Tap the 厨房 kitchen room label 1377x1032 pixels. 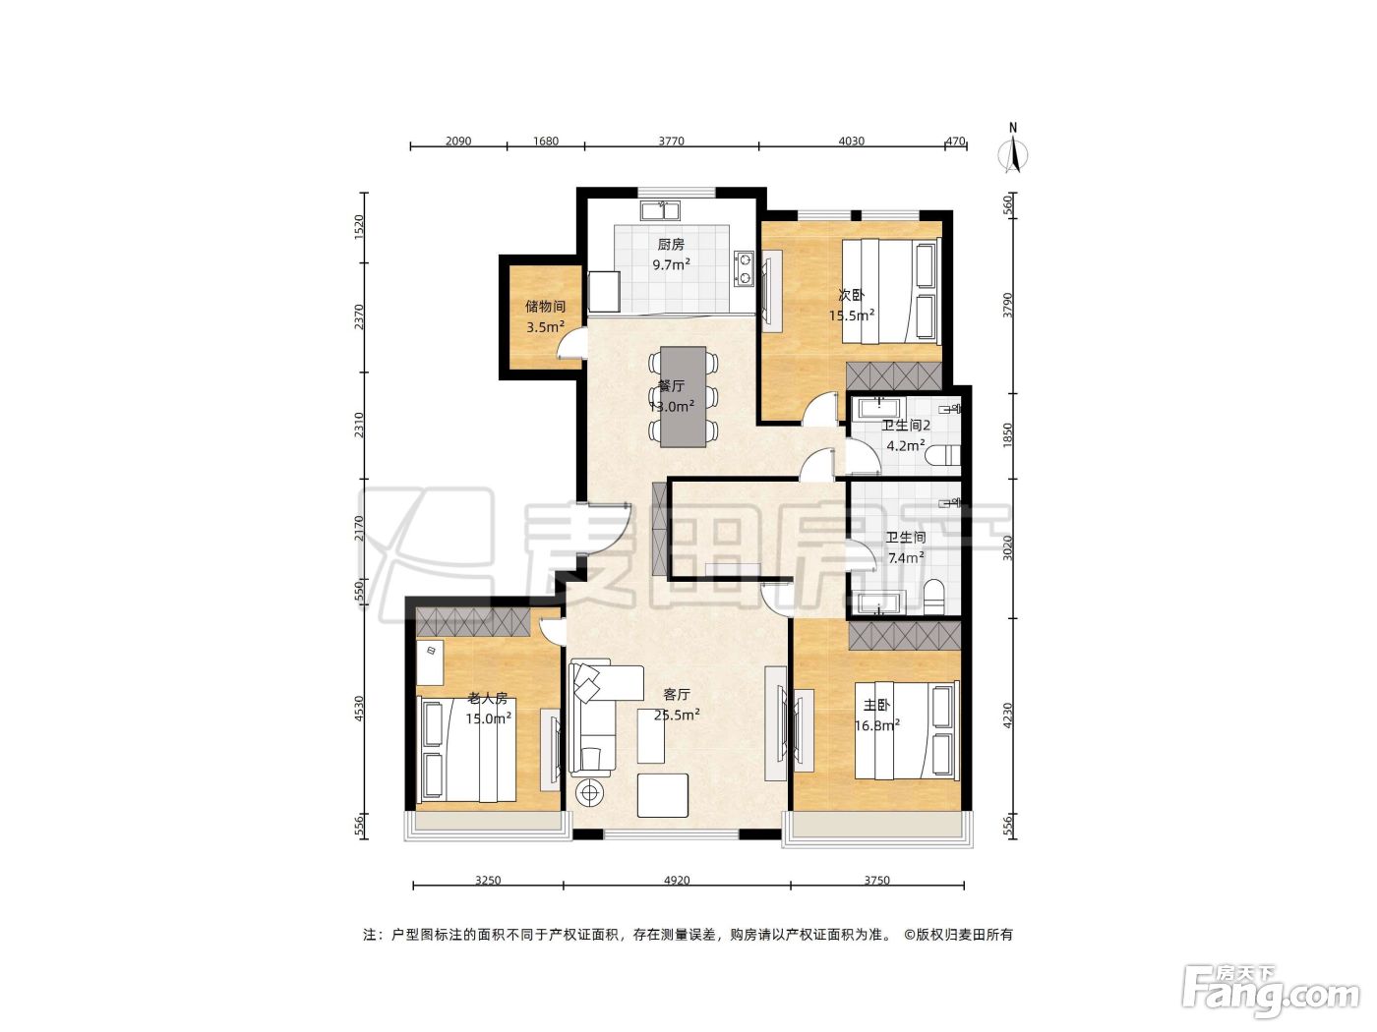pos(671,245)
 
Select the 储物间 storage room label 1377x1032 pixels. pos(545,307)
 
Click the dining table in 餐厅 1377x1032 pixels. pos(684,397)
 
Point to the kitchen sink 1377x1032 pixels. pos(660,210)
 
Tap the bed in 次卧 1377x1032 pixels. pos(891,291)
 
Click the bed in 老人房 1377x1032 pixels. pos(465,751)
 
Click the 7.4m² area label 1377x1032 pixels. pos(905,557)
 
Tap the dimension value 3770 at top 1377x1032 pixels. pos(671,141)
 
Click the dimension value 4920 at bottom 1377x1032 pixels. pos(677,881)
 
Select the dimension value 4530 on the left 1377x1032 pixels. pos(359,709)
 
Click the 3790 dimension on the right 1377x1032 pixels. pos(1007,305)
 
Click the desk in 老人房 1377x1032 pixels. pos(431,662)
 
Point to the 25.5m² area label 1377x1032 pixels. pos(677,715)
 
